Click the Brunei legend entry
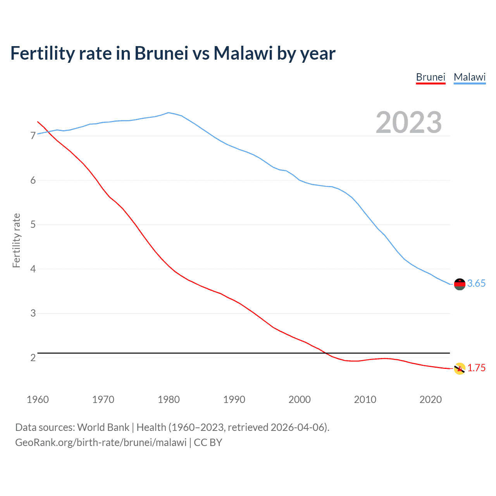click(x=431, y=77)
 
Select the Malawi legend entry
click(x=470, y=77)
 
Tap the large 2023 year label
click(x=409, y=122)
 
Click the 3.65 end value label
click(x=476, y=284)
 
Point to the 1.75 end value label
click(x=476, y=368)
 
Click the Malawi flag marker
click(x=460, y=284)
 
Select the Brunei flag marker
click(x=460, y=369)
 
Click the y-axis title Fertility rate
click(x=16, y=240)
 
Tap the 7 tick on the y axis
click(x=33, y=136)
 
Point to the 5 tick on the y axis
click(x=33, y=225)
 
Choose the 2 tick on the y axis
click(x=33, y=358)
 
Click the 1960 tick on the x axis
click(x=38, y=400)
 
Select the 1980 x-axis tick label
click(x=169, y=400)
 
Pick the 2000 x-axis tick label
click(x=300, y=400)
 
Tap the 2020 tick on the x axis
click(x=431, y=400)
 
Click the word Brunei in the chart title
click(x=161, y=53)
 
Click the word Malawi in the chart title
click(x=243, y=53)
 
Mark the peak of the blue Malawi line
click(x=168, y=113)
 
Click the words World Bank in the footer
click(x=103, y=427)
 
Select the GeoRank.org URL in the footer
click(x=101, y=443)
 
